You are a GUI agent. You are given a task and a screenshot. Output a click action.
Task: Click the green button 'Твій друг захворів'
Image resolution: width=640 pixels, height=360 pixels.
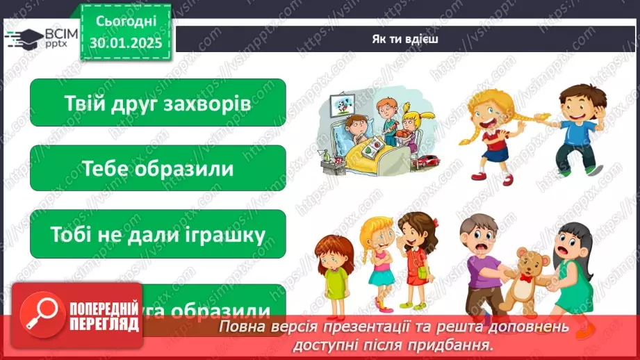pos(158,103)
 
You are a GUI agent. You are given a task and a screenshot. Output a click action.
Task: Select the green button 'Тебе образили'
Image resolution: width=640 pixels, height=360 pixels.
pos(158,168)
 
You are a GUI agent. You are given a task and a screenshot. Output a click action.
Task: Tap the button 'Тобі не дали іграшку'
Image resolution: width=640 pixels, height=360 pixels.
pos(158,234)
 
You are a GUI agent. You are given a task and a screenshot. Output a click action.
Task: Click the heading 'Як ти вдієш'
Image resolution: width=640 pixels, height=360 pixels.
pos(404,38)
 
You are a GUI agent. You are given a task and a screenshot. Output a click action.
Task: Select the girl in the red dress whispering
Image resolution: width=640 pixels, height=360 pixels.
pos(416,257)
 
